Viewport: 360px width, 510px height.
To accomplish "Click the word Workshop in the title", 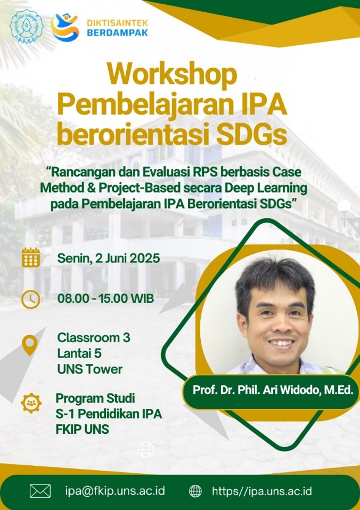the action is click(172, 75).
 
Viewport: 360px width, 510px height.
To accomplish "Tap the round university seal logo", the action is click(26, 26).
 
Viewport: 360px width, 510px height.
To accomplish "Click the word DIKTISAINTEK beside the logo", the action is click(117, 23).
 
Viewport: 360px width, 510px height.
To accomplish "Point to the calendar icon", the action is click(31, 257).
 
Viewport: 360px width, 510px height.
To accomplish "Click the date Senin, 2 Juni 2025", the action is click(109, 258).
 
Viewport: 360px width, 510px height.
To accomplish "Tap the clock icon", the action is click(31, 299).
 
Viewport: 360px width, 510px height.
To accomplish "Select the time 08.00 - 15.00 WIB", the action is click(105, 298).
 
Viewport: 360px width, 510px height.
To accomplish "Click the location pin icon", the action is click(30, 345).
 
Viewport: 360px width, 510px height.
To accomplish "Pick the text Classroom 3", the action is click(94, 338).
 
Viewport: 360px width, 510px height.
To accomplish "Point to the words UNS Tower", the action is click(89, 369).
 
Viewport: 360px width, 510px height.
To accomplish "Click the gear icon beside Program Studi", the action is click(31, 403).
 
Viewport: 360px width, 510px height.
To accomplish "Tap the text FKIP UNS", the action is click(82, 429).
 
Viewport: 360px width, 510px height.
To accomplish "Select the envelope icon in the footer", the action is click(40, 491).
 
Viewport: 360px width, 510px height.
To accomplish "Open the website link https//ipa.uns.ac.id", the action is click(262, 491).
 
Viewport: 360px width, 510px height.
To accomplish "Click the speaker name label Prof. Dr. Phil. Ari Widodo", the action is click(273, 390).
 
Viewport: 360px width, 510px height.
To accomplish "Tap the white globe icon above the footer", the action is click(146, 449).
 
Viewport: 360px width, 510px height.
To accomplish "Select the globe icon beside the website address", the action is click(195, 491).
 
